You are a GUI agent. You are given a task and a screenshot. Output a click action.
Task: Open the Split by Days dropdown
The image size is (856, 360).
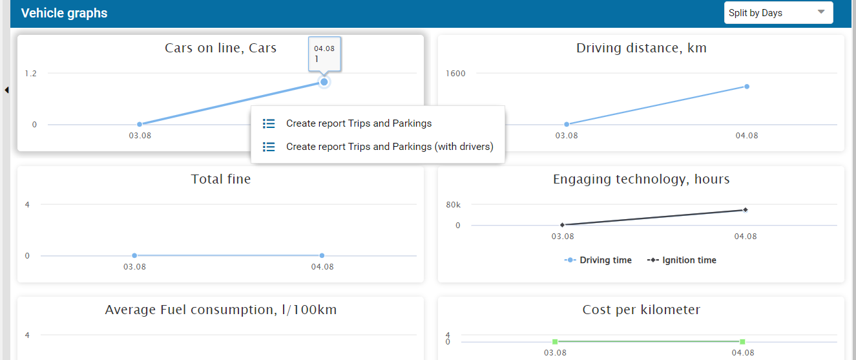point(778,12)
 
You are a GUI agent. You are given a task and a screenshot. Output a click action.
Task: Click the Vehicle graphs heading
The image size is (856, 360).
point(64,13)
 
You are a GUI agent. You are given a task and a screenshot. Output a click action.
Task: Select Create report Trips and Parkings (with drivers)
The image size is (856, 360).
point(390,147)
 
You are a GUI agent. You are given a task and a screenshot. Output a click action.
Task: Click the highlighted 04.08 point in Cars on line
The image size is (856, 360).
point(324,82)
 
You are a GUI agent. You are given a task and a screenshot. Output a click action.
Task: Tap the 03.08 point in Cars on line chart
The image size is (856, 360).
point(140,124)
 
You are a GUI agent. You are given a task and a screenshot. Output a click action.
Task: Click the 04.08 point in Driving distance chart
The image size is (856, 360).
point(746,87)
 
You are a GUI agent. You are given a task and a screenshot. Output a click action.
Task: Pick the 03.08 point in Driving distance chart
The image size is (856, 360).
point(567,124)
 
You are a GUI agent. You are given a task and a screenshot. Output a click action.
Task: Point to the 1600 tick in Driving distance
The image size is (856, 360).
point(455,73)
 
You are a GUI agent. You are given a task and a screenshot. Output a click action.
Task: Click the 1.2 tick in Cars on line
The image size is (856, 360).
point(31,73)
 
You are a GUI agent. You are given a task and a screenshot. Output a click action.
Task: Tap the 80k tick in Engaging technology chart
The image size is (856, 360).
point(453,205)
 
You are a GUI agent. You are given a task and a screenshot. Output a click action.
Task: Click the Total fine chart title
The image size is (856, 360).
point(221,179)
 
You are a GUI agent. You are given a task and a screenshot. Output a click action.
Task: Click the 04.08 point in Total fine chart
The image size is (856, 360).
point(322,255)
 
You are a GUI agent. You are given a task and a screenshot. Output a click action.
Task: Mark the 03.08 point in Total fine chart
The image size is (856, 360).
point(134,255)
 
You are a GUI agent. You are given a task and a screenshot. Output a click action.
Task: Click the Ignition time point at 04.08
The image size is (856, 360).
point(746,209)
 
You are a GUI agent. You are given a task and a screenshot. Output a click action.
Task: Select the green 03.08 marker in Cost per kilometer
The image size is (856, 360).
point(555,341)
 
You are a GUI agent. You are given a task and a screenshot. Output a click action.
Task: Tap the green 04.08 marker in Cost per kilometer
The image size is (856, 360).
point(742,341)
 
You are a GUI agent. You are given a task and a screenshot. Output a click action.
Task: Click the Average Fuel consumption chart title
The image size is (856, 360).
point(221,310)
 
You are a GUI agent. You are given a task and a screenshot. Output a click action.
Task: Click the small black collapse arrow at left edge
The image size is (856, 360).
point(6,90)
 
